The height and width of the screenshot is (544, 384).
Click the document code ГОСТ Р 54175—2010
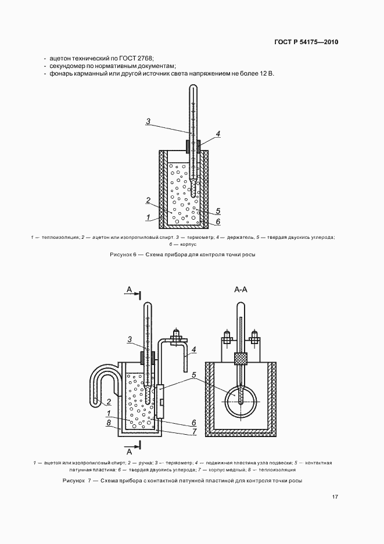click(306, 42)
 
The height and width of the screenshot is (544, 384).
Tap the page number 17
click(335, 497)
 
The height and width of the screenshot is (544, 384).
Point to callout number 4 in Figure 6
click(217, 134)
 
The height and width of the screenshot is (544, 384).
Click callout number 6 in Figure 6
click(217, 221)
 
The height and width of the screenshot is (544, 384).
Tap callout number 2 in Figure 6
click(148, 201)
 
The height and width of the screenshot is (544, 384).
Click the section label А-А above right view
click(241, 289)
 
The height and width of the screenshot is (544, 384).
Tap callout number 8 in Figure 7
click(109, 423)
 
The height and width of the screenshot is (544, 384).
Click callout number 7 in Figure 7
click(193, 431)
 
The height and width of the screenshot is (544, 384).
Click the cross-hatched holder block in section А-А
click(240, 358)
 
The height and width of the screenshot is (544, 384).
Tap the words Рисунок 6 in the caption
click(122, 255)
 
